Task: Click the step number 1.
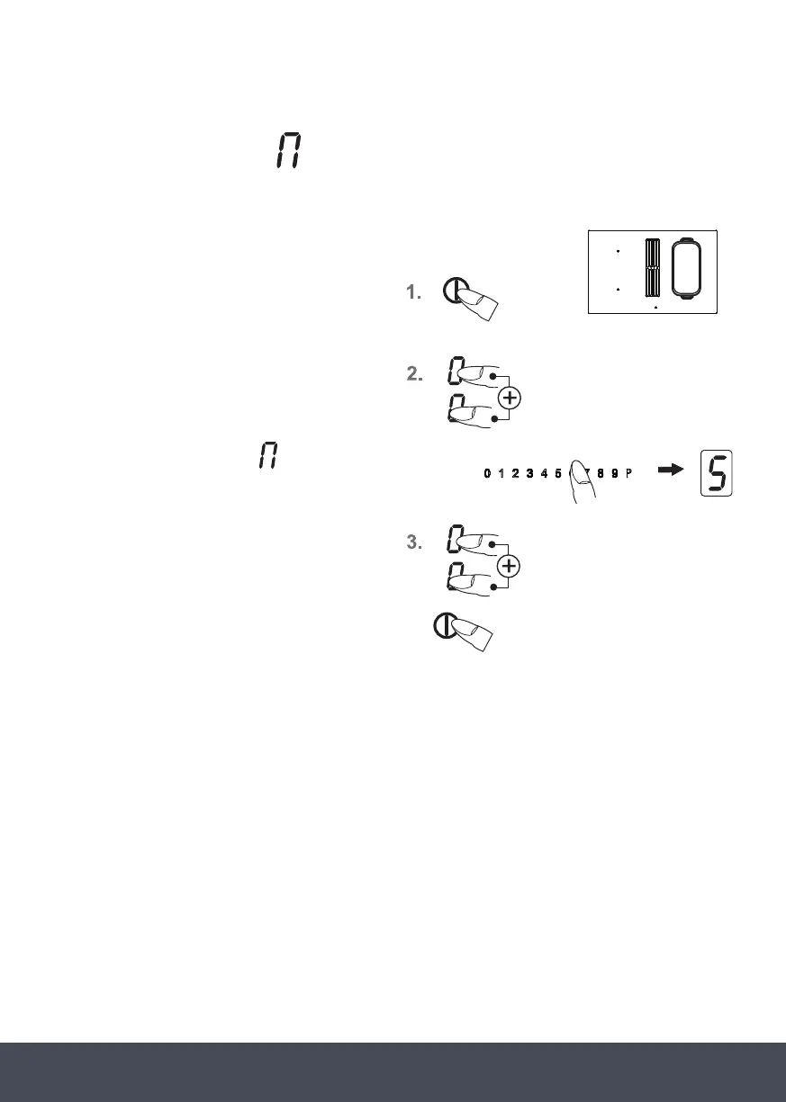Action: [413, 292]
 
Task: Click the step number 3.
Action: [414, 542]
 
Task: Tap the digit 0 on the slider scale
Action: [487, 473]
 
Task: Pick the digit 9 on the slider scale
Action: [614, 473]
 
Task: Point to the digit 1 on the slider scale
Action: [501, 473]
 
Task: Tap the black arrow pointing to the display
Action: [672, 473]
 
